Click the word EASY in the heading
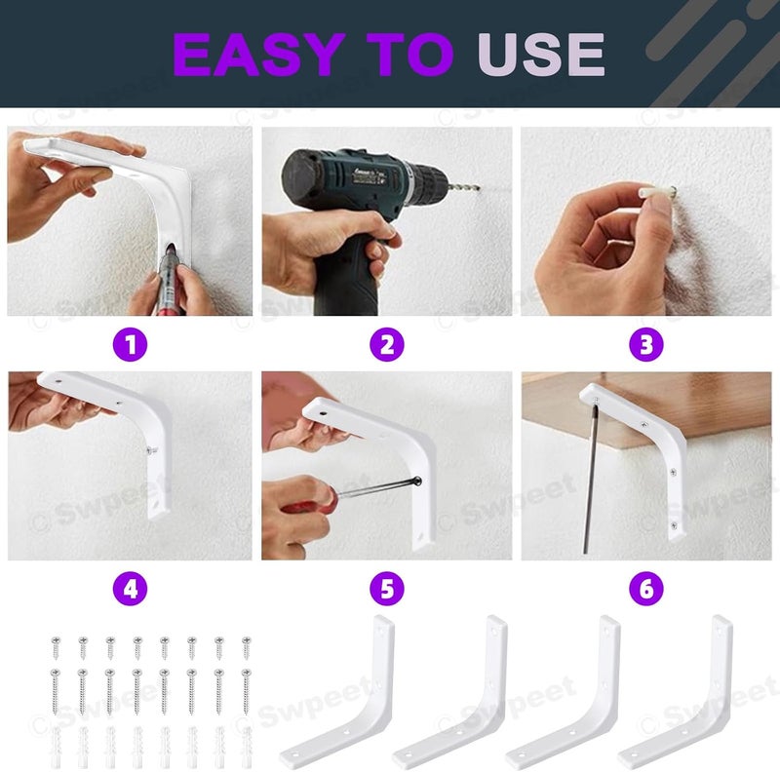click(258, 55)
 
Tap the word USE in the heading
click(541, 55)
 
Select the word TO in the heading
click(409, 55)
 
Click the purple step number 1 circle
click(131, 344)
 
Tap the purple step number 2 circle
click(386, 344)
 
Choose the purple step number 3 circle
click(646, 344)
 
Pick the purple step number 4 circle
click(131, 589)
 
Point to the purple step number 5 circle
click(386, 589)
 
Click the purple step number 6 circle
click(646, 589)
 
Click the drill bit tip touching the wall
click(479, 188)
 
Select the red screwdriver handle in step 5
click(307, 501)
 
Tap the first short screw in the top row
click(56, 647)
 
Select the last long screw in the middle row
click(246, 691)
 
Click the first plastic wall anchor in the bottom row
click(56, 747)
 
